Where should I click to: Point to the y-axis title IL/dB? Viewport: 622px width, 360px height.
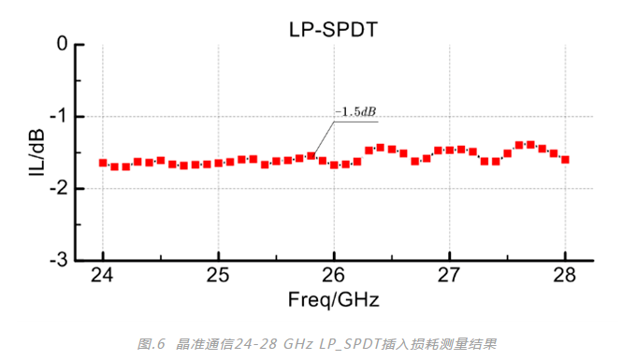click(x=36, y=152)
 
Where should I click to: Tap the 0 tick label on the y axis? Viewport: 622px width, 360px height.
click(x=62, y=44)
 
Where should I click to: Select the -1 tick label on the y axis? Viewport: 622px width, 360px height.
click(x=58, y=117)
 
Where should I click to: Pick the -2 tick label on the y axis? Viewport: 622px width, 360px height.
click(x=58, y=189)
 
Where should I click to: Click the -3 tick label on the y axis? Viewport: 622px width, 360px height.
click(x=58, y=260)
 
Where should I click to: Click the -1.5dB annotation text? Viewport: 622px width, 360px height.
click(x=356, y=112)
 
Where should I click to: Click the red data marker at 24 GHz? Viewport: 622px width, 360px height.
click(x=103, y=163)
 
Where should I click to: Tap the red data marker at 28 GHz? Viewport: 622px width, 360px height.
click(x=565, y=160)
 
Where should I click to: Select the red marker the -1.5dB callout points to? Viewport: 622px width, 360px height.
click(x=311, y=156)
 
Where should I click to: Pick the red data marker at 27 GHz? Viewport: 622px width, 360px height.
click(x=449, y=150)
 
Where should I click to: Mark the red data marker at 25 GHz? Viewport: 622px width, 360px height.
click(x=218, y=163)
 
